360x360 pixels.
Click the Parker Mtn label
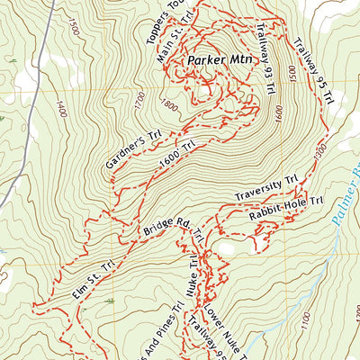[x=220, y=60]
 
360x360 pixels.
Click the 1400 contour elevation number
[x=59, y=112]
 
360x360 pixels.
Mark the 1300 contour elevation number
[x=321, y=149]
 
